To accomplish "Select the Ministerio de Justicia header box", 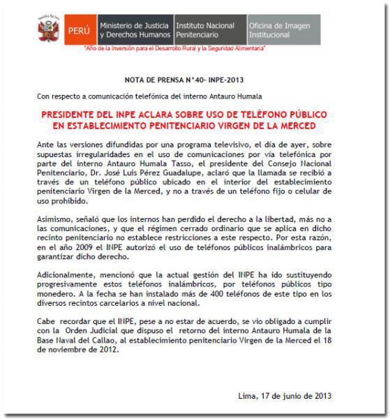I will tap(135, 29).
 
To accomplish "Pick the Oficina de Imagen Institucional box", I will tap(282, 29).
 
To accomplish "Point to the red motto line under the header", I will tap(174, 49).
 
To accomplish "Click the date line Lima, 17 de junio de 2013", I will tap(285, 396).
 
